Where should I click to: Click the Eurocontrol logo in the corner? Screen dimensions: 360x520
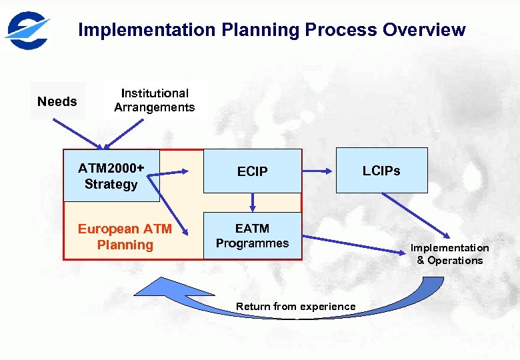tap(27, 30)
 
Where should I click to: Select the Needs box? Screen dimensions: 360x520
tap(57, 101)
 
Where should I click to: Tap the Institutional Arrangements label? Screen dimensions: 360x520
tap(154, 101)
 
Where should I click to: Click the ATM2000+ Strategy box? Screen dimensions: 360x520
tap(111, 176)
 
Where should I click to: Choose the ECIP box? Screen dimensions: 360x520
tap(252, 172)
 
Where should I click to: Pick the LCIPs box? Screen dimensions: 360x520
tap(381, 171)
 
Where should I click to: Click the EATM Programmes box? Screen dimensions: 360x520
tap(252, 236)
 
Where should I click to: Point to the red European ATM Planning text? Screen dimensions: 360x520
tap(125, 237)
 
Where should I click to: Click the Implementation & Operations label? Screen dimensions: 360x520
tap(449, 254)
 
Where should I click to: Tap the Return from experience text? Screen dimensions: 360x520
tap(295, 307)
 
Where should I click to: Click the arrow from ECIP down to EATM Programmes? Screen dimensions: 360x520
tap(253, 201)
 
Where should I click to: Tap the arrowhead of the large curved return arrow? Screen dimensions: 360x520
tap(149, 286)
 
